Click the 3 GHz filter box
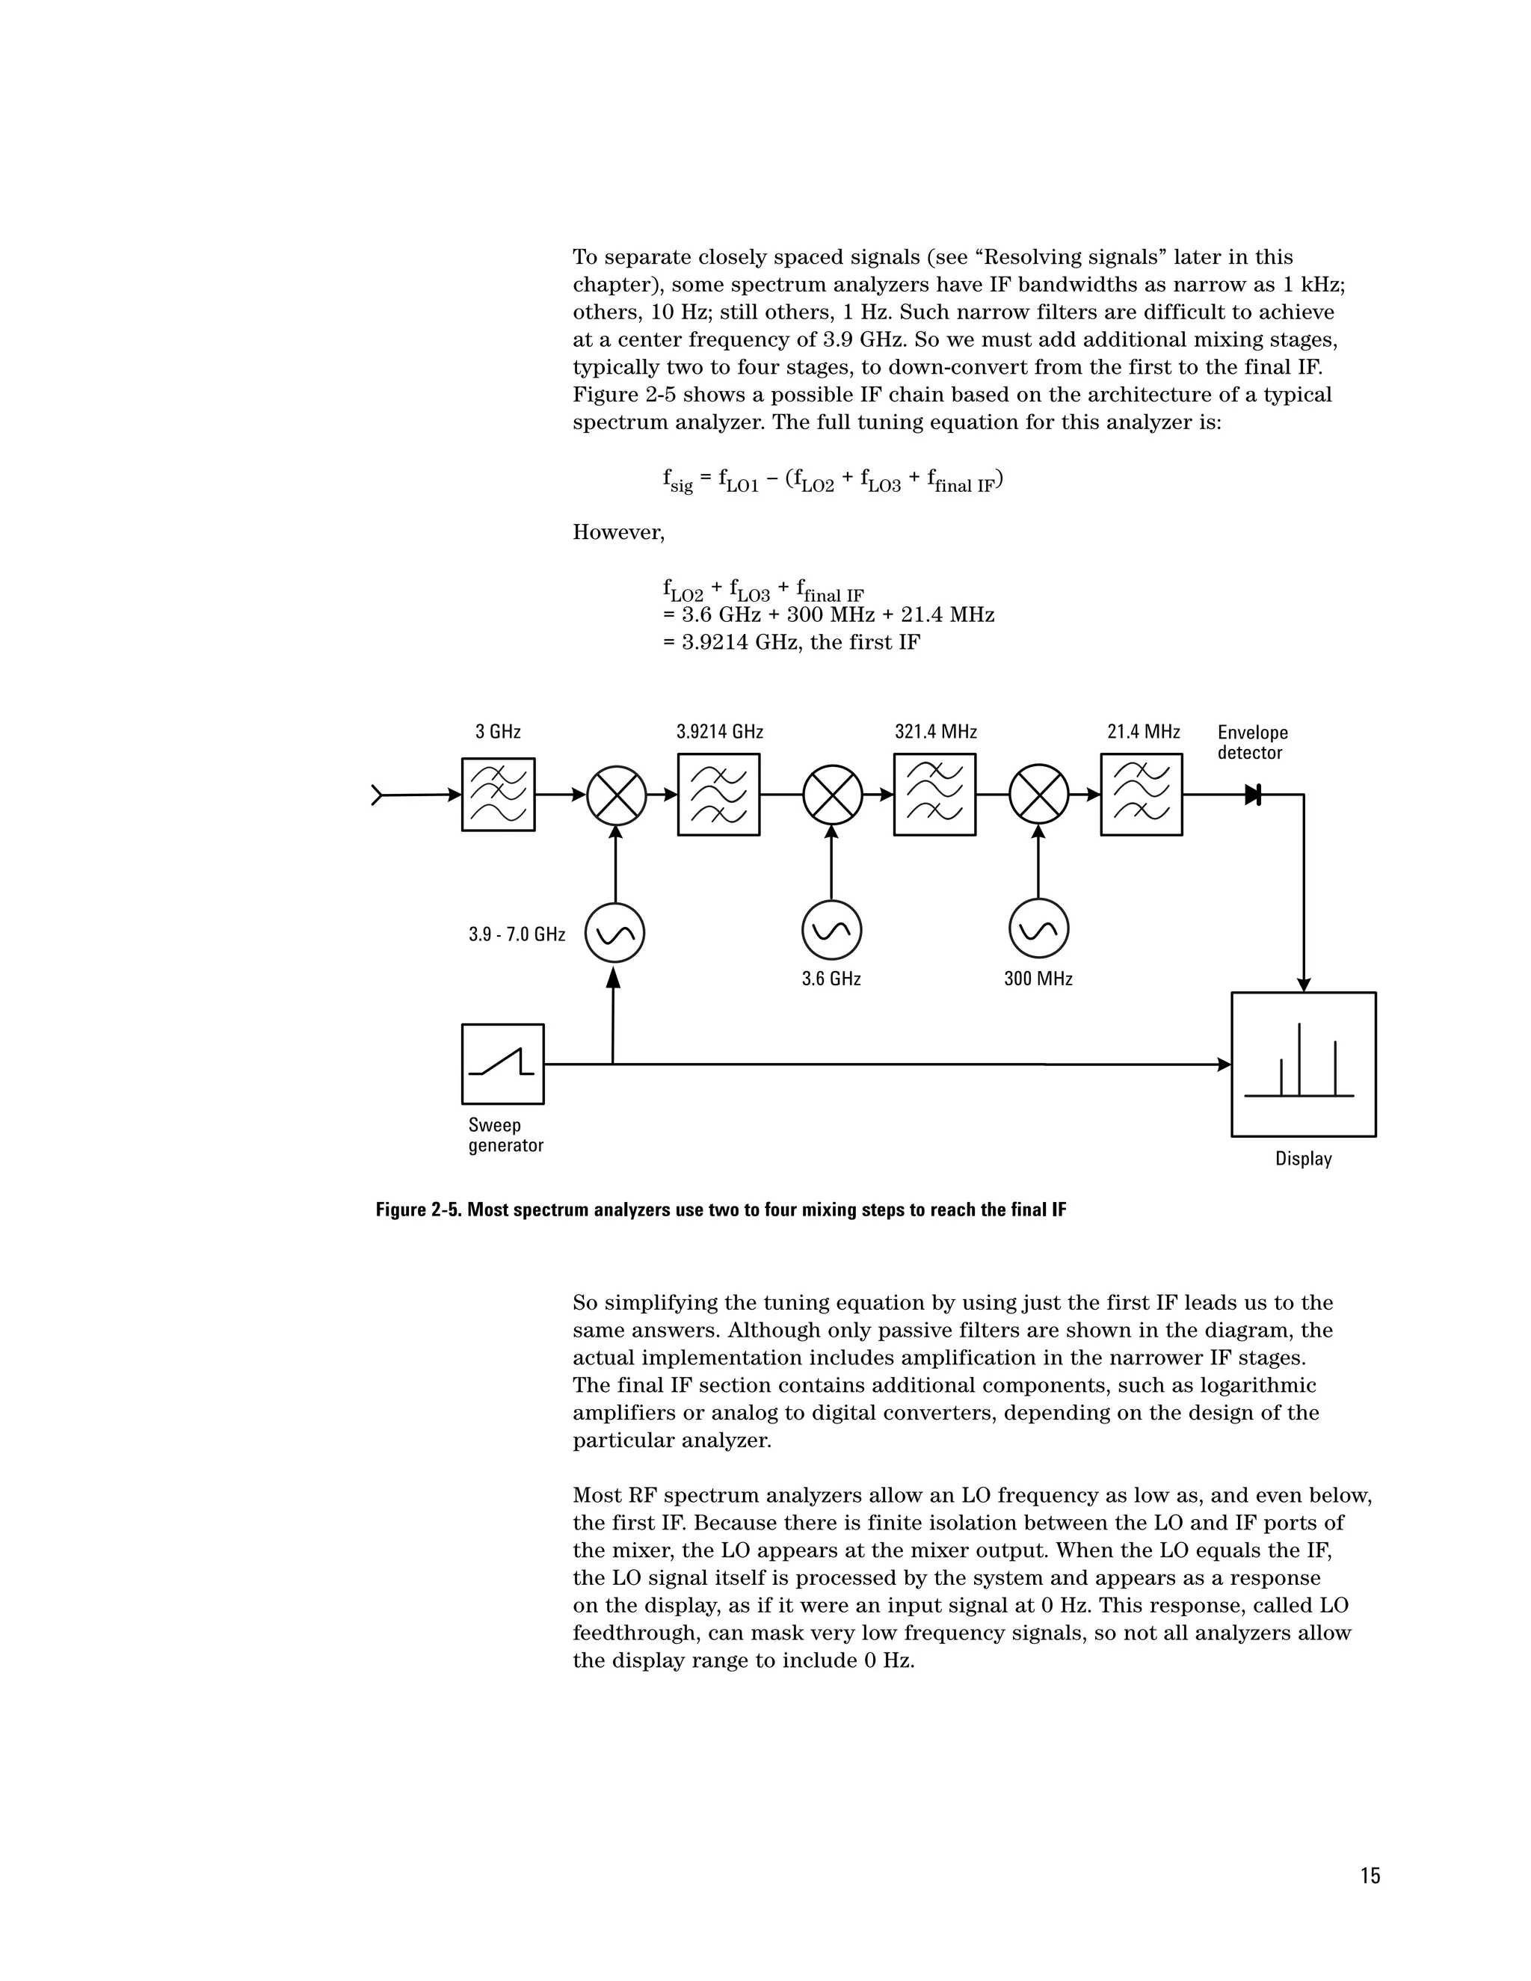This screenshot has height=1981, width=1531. coord(498,795)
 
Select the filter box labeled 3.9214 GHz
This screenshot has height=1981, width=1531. coord(718,795)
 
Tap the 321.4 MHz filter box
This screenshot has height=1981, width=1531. coord(934,795)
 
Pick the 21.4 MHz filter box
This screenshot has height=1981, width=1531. coord(1141,795)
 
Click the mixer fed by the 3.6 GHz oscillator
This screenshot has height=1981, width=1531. coord(833,795)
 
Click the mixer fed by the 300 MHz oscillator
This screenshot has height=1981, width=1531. coord(1039,795)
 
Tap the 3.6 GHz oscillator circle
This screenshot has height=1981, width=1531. coord(832,930)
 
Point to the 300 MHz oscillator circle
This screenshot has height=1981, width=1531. coord(1038,930)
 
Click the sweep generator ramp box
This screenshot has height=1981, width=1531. coord(502,1064)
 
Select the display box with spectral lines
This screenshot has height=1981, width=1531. coord(1303,1064)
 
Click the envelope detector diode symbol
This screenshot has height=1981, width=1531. coord(1254,795)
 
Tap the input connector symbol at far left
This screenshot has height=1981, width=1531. coord(378,795)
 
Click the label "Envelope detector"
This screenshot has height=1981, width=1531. coord(1251,742)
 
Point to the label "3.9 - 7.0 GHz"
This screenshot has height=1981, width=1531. coord(516,934)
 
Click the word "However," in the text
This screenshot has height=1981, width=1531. coord(617,532)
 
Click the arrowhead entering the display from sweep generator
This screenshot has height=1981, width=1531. coord(1225,1064)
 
